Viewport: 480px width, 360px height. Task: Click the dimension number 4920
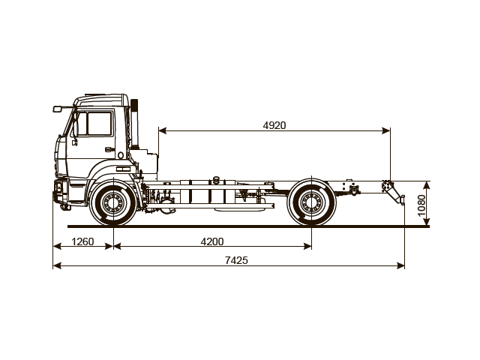tap(274, 125)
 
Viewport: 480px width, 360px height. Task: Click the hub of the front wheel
tap(113, 202)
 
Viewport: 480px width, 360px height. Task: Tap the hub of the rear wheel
tap(311, 202)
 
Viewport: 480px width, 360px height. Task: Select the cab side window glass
tap(97, 123)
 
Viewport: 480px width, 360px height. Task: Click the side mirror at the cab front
tap(57, 109)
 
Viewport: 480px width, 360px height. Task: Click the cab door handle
tap(109, 150)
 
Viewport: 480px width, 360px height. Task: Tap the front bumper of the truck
tap(58, 192)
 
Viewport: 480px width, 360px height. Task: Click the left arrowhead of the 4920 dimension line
tap(161, 131)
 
